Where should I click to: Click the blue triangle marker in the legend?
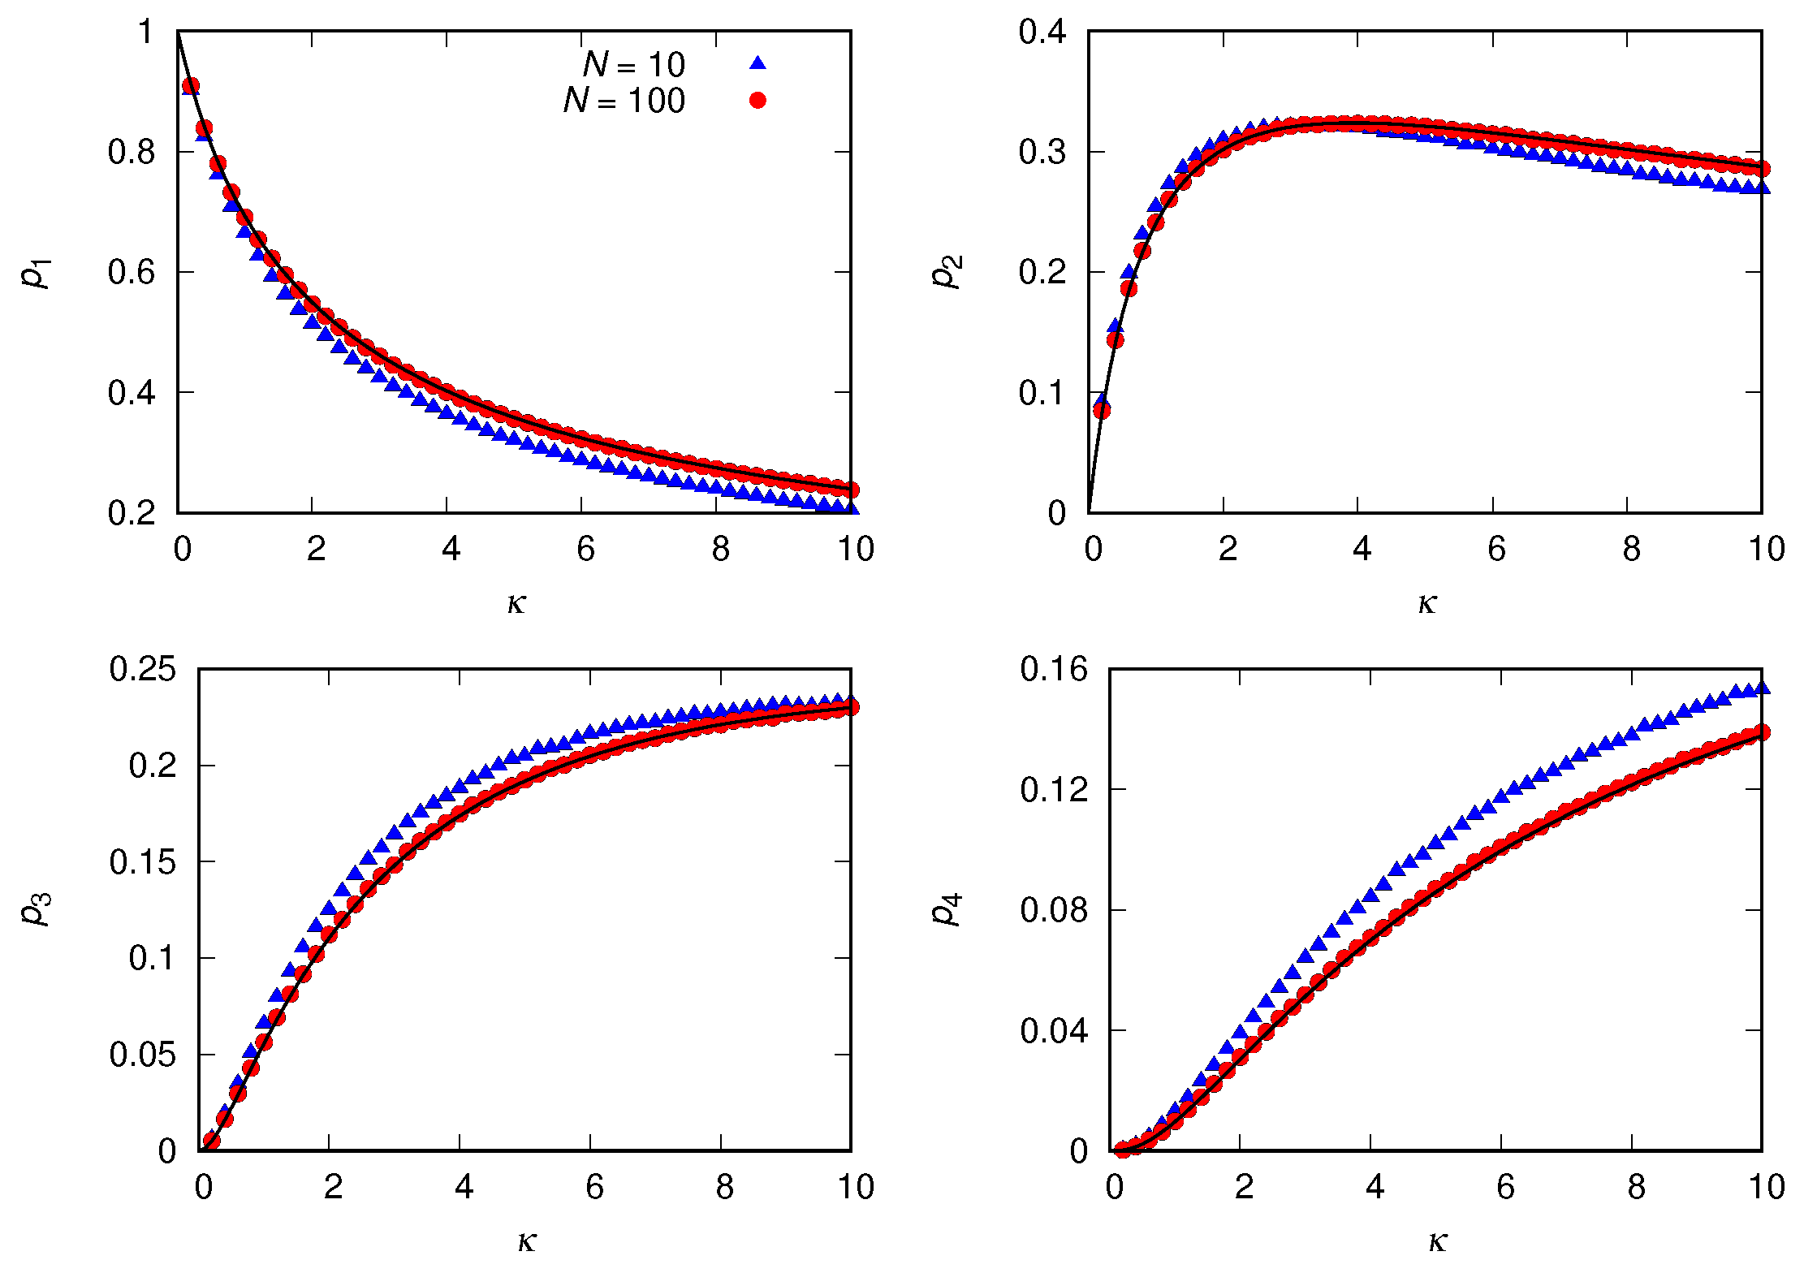point(757,63)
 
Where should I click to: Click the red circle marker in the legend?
point(757,100)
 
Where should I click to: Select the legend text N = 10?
point(634,64)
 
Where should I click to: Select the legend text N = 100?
point(624,101)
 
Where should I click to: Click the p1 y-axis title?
point(37,272)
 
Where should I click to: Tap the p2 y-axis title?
point(947,272)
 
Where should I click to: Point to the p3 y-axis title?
point(37,909)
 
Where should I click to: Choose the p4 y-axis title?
point(947,909)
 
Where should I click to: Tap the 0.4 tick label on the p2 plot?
point(1042,32)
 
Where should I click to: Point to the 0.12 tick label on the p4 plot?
point(1054,789)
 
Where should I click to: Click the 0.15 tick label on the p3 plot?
point(142,861)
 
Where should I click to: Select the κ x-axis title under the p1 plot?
point(516,603)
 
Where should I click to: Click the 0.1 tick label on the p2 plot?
point(1042,393)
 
